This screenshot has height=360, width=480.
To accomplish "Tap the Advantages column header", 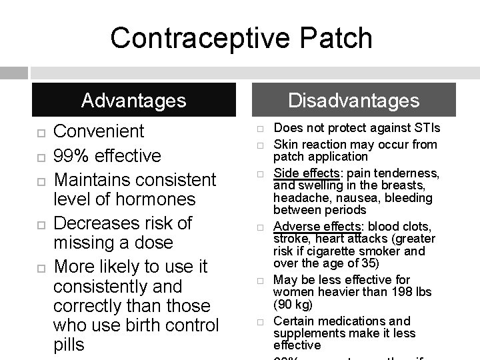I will [133, 101].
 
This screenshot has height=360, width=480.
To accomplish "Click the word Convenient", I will [99, 131].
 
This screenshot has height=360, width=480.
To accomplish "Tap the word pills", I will [70, 345].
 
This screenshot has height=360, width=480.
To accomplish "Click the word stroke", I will [290, 239].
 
